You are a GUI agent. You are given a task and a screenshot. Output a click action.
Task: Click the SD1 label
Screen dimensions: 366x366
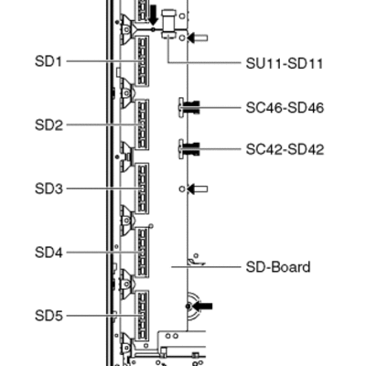[48, 61]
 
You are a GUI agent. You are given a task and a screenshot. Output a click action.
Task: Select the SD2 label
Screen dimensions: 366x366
[48, 125]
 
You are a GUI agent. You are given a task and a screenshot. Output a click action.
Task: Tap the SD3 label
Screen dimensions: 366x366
[48, 188]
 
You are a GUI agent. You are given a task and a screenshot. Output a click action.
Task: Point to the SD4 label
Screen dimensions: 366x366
[48, 253]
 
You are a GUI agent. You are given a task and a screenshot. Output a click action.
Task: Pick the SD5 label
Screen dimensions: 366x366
[48, 316]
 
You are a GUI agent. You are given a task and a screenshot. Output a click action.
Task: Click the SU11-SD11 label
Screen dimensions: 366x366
[285, 64]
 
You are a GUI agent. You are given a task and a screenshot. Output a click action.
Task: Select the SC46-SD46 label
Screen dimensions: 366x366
[285, 108]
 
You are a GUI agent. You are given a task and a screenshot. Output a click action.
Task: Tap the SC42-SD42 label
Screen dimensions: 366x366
[285, 149]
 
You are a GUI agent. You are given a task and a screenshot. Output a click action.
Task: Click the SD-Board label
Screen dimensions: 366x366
[278, 267]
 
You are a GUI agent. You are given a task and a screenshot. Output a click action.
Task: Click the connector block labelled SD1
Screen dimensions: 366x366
[142, 61]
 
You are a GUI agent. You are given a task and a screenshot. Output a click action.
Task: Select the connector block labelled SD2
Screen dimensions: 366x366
[142, 124]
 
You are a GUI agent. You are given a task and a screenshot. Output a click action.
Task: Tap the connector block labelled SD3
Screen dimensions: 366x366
[142, 188]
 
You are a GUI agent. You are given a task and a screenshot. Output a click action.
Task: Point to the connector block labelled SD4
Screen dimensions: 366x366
[142, 253]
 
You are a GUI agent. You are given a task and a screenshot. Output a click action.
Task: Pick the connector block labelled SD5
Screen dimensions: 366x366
[142, 316]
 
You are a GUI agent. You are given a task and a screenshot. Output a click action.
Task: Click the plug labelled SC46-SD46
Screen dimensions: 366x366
[189, 107]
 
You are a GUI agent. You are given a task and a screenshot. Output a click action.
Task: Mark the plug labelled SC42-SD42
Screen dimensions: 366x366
[189, 149]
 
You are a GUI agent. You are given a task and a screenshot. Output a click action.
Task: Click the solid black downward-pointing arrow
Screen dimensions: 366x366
[154, 16]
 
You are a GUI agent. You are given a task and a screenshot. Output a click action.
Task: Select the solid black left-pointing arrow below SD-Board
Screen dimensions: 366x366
[202, 306]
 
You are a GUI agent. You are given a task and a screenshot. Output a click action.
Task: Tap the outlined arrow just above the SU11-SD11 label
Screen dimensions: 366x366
[198, 38]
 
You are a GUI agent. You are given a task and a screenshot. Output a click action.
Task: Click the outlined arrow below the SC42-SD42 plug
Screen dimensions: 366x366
[198, 188]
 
